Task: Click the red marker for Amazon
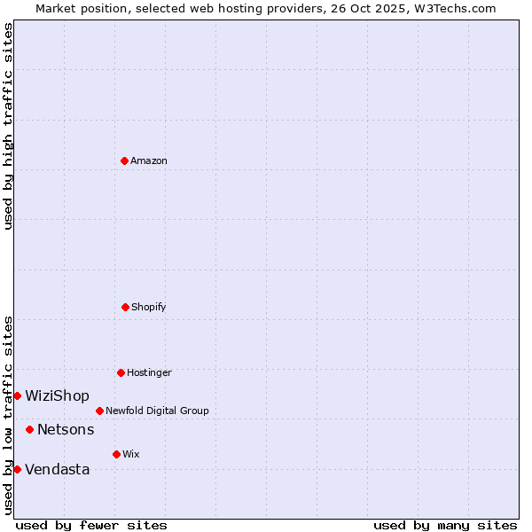(124, 160)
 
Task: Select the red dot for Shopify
(125, 307)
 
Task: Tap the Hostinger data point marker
(121, 372)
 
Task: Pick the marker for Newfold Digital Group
(99, 411)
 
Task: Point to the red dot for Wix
(116, 454)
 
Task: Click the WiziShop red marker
(17, 395)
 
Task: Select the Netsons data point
(29, 429)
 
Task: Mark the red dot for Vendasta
(17, 469)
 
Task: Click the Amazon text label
(149, 160)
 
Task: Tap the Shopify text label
(149, 307)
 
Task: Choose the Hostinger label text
(149, 372)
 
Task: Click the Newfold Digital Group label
(157, 411)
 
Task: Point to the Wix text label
(131, 454)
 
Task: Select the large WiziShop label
(57, 395)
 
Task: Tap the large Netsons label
(66, 429)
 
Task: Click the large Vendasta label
(57, 469)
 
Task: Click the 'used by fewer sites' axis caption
(91, 525)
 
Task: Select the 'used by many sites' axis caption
(445, 525)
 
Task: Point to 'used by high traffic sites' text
(8, 126)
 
